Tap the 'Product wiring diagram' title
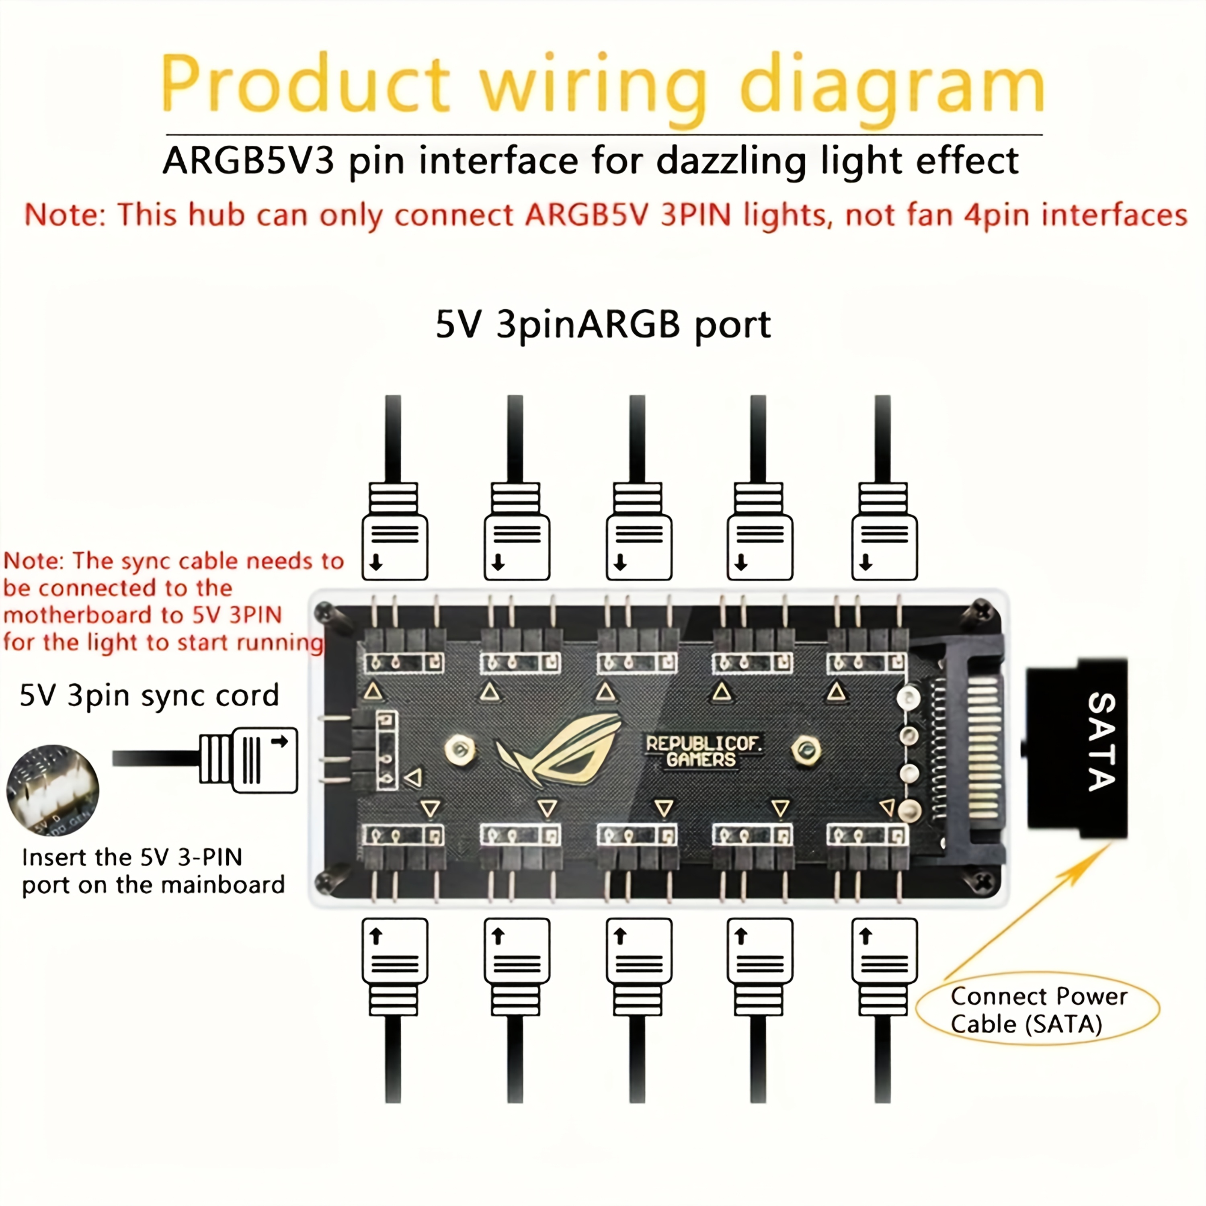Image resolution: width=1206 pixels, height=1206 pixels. pos(602,84)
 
